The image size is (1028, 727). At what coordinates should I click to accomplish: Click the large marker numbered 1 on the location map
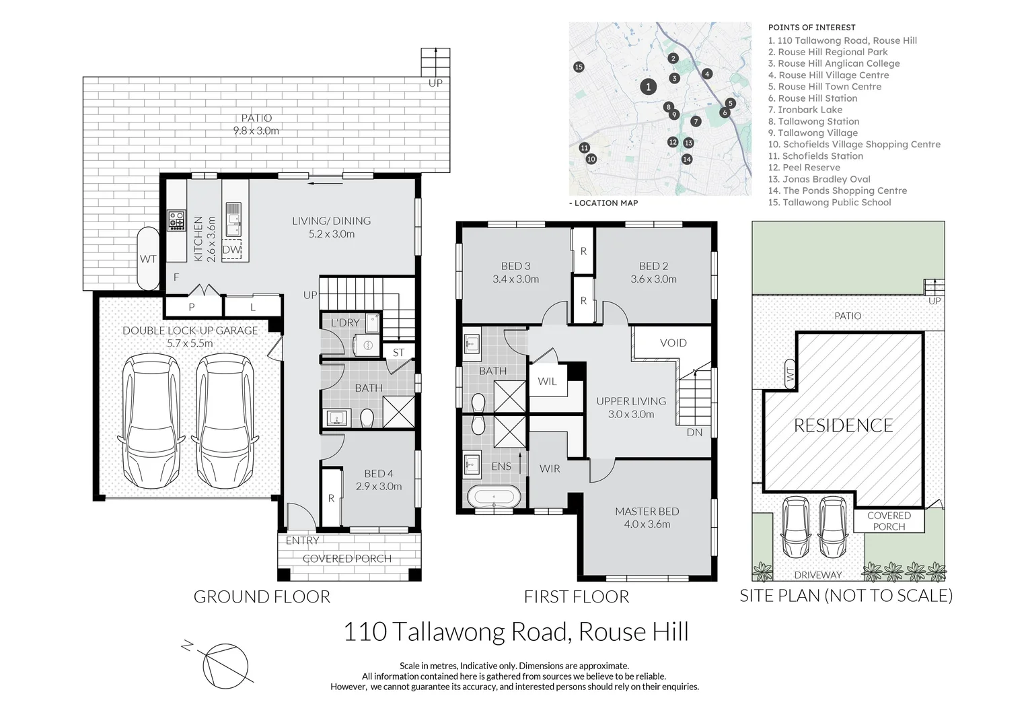click(648, 86)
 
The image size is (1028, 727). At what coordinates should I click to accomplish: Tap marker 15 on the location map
click(579, 67)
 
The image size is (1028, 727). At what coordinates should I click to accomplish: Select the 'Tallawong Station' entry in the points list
click(813, 121)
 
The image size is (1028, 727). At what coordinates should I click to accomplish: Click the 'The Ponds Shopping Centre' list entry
click(838, 191)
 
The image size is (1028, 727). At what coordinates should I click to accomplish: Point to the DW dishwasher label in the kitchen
click(231, 249)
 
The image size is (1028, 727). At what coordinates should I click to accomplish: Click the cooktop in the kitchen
click(176, 220)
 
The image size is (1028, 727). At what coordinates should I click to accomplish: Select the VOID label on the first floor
click(673, 343)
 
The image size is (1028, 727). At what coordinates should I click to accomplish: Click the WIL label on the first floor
click(547, 381)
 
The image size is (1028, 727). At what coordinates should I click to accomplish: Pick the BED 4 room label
click(379, 473)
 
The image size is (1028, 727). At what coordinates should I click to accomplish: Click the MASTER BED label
click(647, 511)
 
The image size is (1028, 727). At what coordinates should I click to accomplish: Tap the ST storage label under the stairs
click(398, 352)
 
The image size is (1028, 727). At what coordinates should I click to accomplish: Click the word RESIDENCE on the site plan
click(844, 425)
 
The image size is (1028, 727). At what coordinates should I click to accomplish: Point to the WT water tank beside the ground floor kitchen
click(148, 258)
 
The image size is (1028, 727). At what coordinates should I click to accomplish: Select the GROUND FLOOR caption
click(262, 596)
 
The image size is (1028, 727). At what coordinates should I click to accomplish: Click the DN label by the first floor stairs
click(694, 432)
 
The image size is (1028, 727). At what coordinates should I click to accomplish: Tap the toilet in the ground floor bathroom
click(367, 419)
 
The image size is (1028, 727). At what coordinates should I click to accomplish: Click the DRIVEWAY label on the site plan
click(818, 574)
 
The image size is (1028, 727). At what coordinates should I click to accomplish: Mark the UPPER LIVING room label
click(631, 401)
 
